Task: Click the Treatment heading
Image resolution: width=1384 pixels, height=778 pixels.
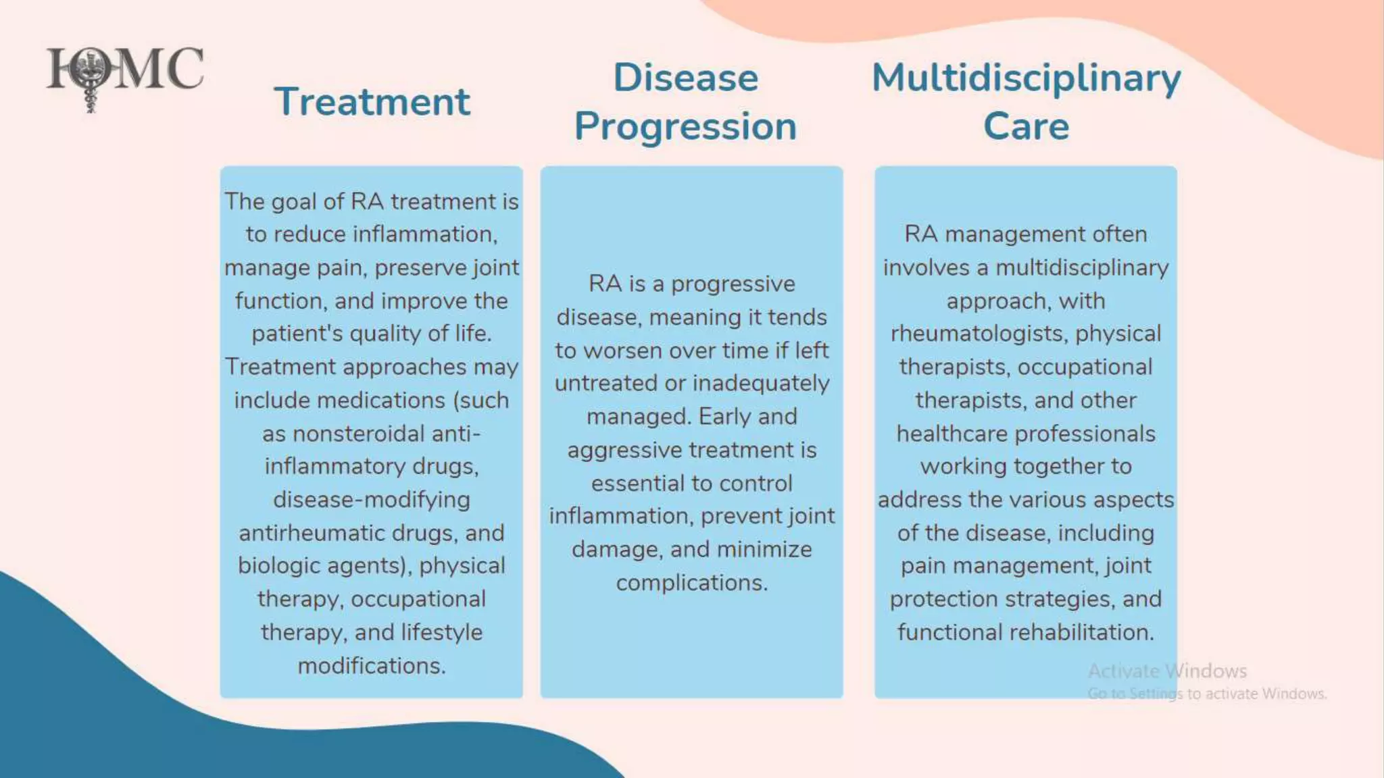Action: point(372,102)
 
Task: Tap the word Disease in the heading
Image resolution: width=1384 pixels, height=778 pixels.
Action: point(685,78)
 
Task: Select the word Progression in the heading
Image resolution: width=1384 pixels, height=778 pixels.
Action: point(685,127)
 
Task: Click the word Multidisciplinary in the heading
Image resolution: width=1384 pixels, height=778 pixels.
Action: point(1026,78)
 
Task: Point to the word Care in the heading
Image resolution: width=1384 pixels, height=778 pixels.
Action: point(1026,127)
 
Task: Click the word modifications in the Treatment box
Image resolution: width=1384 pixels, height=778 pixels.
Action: point(371,666)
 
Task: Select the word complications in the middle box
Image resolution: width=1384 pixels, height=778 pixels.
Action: point(691,583)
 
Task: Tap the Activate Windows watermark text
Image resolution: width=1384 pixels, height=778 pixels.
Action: point(1167,671)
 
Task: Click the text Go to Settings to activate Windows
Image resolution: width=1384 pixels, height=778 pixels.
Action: point(1207,694)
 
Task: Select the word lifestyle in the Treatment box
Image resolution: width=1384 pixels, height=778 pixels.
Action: point(441,633)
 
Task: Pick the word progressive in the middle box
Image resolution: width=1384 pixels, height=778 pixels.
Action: point(733,284)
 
